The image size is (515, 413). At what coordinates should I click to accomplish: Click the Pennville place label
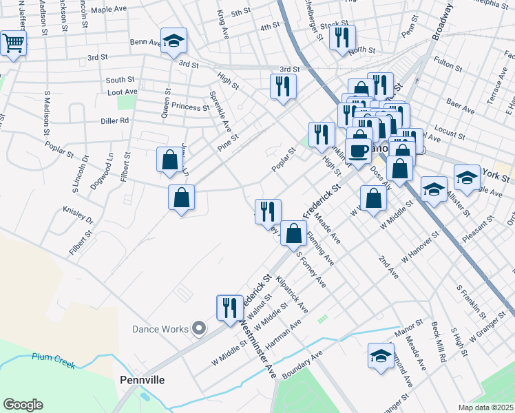click(x=143, y=379)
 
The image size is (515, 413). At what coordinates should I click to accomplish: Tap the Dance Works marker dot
click(x=200, y=328)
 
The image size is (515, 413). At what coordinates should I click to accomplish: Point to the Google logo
click(x=23, y=405)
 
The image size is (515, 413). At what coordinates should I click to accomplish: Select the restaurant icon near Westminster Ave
click(x=230, y=307)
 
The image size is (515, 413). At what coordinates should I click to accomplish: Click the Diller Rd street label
click(x=115, y=120)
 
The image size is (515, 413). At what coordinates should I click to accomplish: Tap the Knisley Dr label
click(x=78, y=215)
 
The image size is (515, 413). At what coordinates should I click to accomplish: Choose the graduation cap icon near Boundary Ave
click(x=381, y=355)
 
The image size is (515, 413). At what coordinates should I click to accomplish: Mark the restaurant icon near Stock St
click(x=342, y=37)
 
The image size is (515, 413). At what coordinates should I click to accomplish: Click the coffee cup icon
click(x=358, y=150)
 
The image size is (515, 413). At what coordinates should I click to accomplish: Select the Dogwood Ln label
click(x=110, y=169)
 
